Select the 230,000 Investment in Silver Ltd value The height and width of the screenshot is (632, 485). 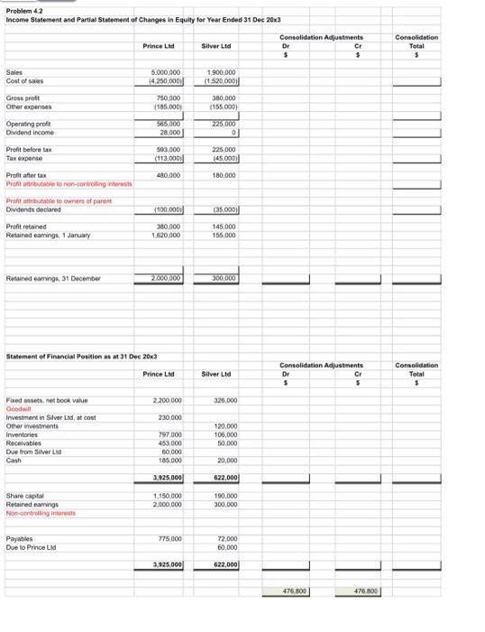[169, 416]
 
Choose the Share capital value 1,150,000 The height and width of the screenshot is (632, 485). [167, 496]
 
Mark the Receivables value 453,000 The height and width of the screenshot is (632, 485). [169, 442]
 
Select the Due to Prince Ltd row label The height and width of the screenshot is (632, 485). [27, 547]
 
